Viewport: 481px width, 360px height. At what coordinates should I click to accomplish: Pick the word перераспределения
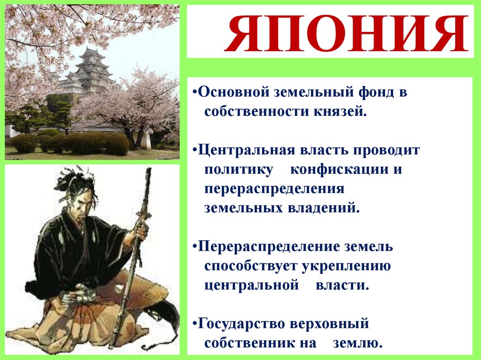tap(274, 189)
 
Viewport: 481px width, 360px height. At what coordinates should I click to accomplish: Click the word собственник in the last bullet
tap(248, 343)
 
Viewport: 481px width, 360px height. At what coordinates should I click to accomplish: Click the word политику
tap(239, 169)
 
